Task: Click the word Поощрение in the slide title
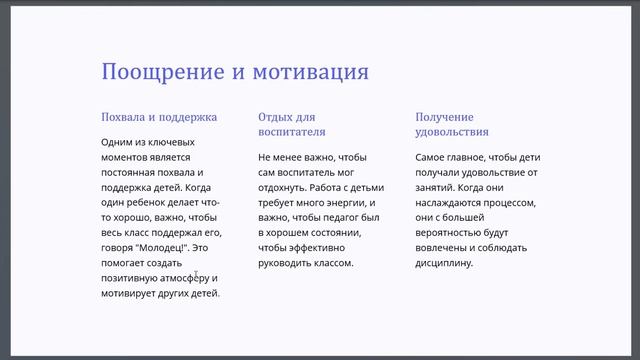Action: (159, 73)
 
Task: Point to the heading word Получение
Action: (444, 116)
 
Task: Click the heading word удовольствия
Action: (452, 131)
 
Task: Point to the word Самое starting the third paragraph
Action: (434, 157)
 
